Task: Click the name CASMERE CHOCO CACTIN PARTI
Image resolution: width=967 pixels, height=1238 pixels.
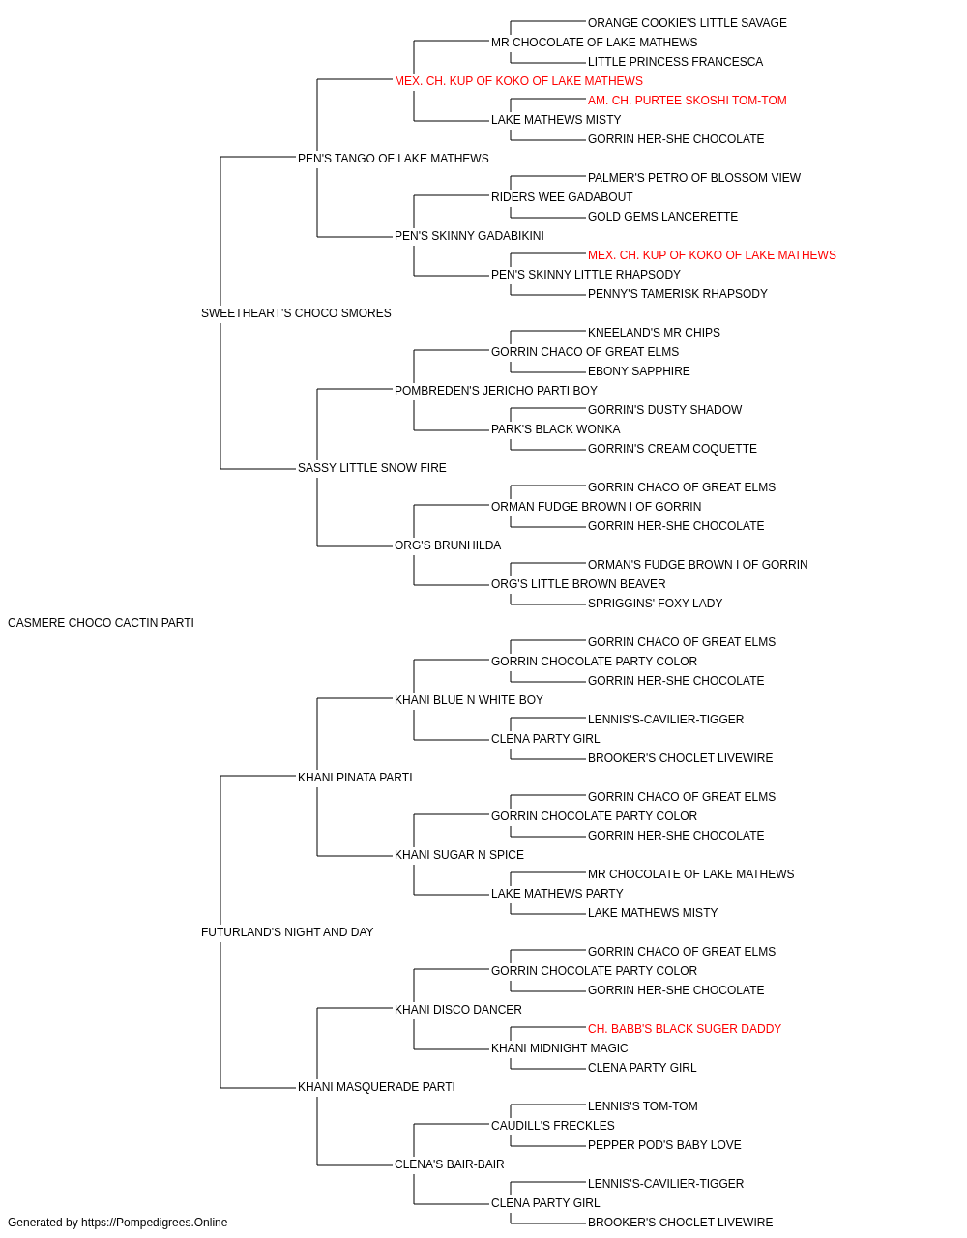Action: [101, 623]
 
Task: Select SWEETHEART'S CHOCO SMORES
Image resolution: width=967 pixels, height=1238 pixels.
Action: [296, 313]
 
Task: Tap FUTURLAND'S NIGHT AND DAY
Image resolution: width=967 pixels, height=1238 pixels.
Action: [287, 932]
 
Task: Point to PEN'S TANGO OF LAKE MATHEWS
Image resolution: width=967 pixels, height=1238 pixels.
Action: [393, 159]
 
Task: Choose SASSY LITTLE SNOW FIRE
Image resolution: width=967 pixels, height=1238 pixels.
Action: [372, 468]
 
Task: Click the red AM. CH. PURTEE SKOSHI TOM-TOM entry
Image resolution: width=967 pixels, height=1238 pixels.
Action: [687, 101]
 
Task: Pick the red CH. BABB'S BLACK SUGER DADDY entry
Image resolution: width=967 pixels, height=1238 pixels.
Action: [684, 1029]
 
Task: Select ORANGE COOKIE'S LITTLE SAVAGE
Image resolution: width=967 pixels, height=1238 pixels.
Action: [687, 23]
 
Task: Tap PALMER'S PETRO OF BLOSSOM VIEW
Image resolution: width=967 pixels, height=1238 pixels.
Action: [693, 178]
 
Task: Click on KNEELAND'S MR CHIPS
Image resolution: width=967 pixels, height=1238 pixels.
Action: [654, 332]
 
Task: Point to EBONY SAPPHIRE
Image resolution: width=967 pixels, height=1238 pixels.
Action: [638, 370]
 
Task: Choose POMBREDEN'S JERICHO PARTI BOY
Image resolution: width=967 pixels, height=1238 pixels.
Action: [495, 390]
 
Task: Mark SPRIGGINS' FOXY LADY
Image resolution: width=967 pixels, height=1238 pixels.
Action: [655, 604]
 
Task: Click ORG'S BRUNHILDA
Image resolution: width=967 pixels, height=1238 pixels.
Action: [448, 545]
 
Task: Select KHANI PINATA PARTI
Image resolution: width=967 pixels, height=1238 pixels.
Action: [355, 778]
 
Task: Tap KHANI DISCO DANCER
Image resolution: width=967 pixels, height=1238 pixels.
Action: [457, 1010]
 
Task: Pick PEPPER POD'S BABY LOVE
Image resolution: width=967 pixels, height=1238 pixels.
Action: [664, 1145]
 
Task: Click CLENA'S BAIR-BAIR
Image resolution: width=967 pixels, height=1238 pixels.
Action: [450, 1164]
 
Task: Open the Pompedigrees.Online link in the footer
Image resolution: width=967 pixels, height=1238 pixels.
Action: [155, 1223]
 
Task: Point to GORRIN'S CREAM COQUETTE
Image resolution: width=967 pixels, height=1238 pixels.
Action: [672, 449]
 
